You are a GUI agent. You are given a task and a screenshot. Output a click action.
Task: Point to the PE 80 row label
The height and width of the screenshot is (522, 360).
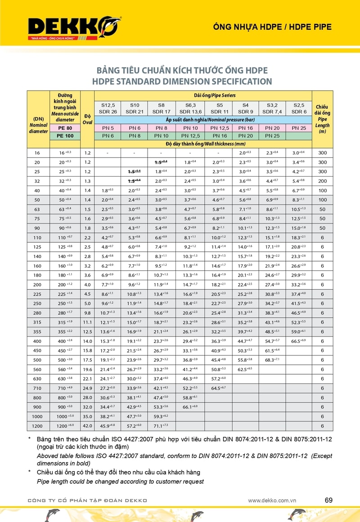click(65, 128)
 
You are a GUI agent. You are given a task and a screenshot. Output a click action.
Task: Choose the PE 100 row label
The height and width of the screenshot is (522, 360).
click(65, 136)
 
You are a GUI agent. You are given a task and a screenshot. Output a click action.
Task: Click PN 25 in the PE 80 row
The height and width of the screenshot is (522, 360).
click(299, 128)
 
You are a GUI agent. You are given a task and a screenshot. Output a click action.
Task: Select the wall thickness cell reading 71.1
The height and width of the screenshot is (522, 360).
click(161, 426)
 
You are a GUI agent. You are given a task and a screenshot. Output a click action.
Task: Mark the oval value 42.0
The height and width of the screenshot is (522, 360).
click(87, 426)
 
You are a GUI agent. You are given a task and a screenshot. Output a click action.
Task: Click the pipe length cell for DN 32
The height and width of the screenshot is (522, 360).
click(322, 181)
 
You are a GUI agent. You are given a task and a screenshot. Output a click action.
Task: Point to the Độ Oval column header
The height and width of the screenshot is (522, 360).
click(87, 119)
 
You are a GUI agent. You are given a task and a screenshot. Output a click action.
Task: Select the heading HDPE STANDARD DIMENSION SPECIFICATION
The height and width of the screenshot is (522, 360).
click(182, 82)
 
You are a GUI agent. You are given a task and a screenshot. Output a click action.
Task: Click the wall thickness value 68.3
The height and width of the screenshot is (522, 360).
click(273, 360)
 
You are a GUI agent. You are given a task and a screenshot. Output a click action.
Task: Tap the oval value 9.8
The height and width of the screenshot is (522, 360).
click(87, 313)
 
